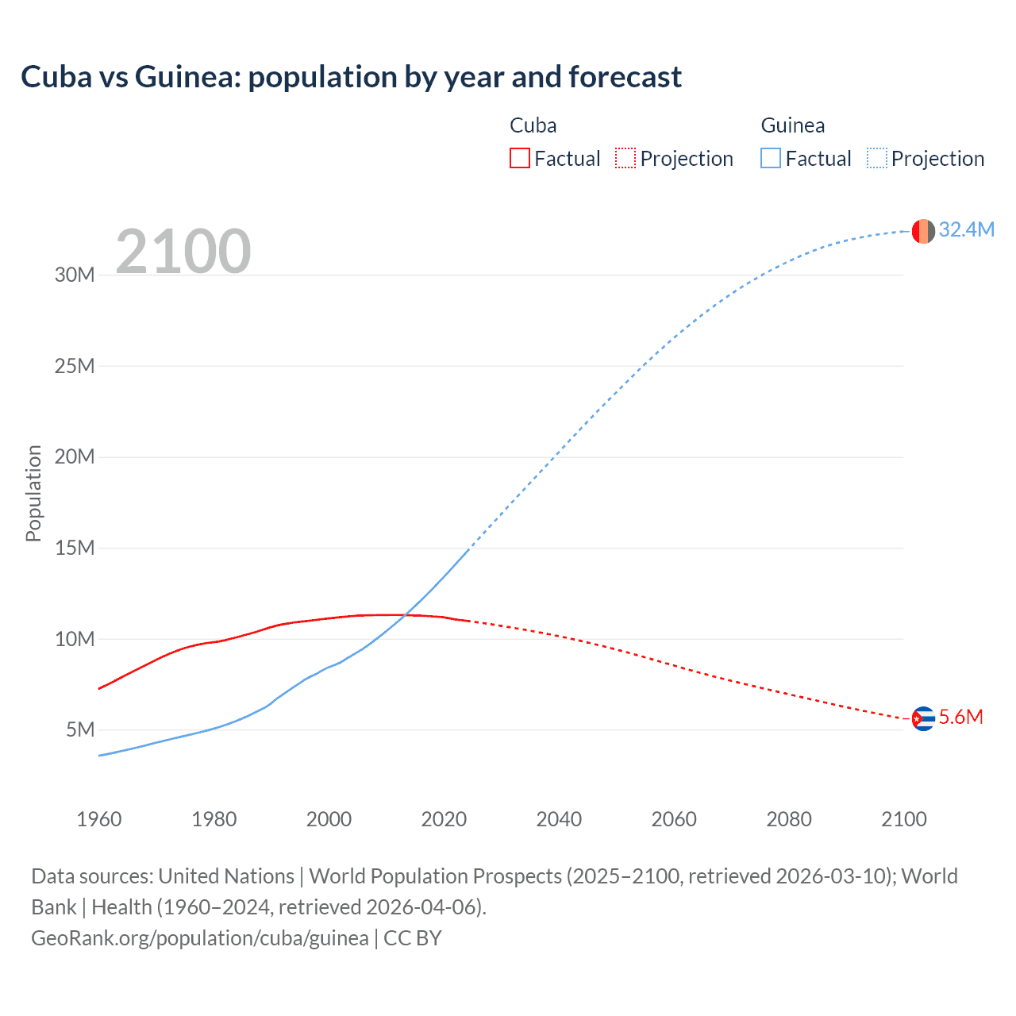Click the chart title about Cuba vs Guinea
point(351,77)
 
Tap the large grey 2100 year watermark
point(183,252)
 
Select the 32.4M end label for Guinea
point(966,229)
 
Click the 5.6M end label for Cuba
point(960,718)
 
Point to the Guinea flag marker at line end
point(923,231)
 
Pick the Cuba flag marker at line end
point(923,718)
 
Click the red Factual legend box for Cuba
point(520,159)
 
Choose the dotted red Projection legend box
point(625,159)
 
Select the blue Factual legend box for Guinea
point(771,159)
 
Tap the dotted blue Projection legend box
point(877,159)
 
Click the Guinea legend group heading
point(792,125)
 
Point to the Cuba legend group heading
point(533,125)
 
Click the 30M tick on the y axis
point(75,275)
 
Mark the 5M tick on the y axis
point(80,729)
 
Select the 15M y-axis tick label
point(75,548)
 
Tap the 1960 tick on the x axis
point(99,819)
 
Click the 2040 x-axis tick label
point(559,819)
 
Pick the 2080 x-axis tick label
point(789,819)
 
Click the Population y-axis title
point(33,493)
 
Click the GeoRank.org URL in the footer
point(199,938)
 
